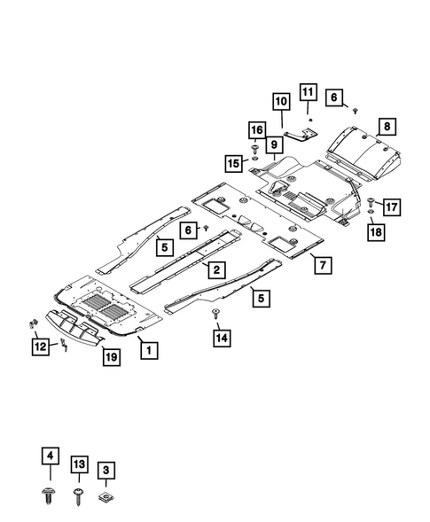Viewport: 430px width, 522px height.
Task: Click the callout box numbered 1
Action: tap(149, 350)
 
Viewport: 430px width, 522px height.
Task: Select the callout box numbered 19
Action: tap(111, 357)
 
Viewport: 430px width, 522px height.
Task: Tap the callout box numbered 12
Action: tap(41, 347)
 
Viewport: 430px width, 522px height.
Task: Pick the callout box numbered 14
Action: tap(222, 338)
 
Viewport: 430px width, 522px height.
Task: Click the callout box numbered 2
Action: tap(217, 269)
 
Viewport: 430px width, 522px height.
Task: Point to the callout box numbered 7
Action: tap(323, 265)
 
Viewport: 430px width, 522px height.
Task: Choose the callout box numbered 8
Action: tap(387, 127)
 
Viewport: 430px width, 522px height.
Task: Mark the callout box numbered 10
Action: tap(281, 102)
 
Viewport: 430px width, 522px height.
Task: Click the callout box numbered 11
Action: tap(309, 92)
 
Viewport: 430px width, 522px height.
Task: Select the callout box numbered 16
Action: tap(257, 129)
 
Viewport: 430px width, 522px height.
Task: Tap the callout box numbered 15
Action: tap(233, 163)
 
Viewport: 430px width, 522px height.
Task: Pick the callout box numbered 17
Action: tap(392, 207)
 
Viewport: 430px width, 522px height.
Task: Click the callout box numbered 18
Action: tap(376, 232)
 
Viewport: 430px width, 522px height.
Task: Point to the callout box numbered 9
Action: tap(274, 144)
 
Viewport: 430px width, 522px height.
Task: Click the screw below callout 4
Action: tap(49, 496)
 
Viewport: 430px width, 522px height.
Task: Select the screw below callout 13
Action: tap(79, 496)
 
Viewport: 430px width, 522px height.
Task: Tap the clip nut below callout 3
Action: tap(106, 497)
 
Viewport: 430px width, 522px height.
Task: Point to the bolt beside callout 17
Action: tap(371, 202)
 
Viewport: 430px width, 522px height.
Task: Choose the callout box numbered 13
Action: tap(79, 464)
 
